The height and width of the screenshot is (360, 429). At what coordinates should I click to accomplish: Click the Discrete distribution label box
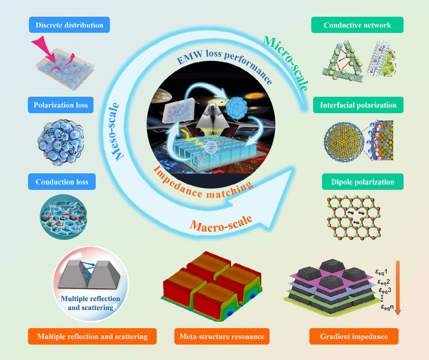point(69,25)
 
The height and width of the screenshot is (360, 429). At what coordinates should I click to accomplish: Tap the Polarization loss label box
point(62,105)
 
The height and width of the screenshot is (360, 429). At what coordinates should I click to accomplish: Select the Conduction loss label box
point(62,182)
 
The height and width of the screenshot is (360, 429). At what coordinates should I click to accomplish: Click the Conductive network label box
point(357,25)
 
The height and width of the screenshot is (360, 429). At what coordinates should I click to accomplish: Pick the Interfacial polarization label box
point(358,105)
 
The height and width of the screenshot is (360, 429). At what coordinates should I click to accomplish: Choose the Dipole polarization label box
point(358,182)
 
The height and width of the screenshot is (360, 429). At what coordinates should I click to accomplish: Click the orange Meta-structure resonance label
point(222,337)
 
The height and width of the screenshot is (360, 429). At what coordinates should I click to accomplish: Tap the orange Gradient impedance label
point(354,337)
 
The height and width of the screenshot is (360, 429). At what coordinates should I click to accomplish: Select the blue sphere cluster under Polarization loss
point(60,140)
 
